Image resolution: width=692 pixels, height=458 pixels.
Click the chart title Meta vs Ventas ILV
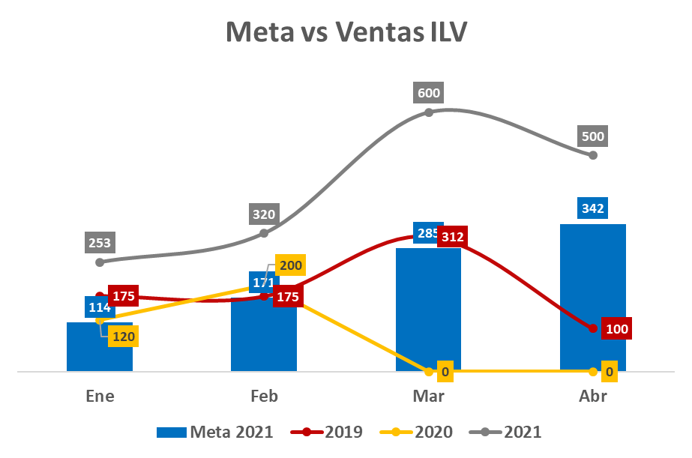click(346, 33)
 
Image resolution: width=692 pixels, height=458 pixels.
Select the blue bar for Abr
click(593, 300)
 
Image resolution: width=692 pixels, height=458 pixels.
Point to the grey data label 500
click(592, 137)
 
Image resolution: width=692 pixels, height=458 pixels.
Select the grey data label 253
click(100, 243)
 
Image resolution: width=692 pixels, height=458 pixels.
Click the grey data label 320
click(264, 214)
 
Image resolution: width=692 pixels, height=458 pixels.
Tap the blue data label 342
click(593, 208)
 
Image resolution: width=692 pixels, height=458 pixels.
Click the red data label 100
click(618, 328)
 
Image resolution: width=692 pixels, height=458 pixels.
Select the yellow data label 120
click(124, 337)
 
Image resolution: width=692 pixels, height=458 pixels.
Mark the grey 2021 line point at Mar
click(429, 112)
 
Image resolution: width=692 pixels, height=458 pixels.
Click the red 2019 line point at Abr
click(593, 328)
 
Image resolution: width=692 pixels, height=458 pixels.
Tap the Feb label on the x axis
click(264, 397)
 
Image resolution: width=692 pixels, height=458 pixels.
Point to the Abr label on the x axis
click(592, 397)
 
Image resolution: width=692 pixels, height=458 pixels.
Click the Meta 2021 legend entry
click(215, 432)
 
